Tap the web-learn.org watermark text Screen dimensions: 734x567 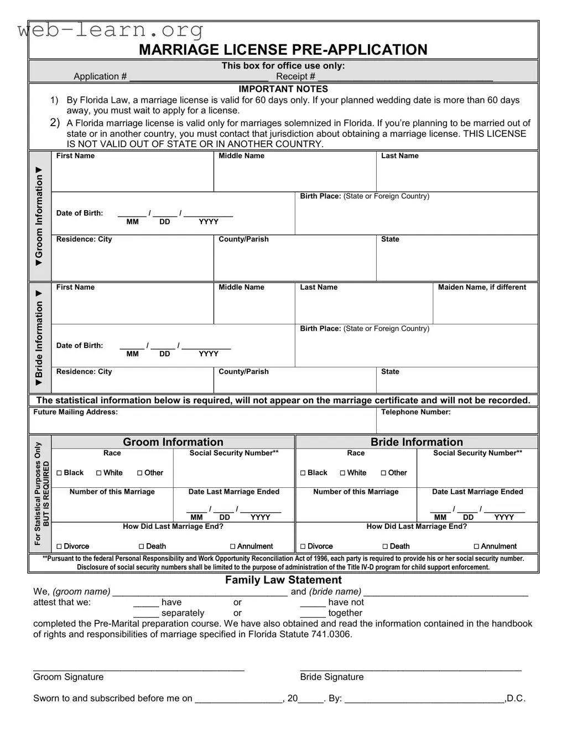(111, 29)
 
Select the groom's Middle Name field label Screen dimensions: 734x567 (241, 156)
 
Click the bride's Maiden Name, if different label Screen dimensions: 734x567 (482, 287)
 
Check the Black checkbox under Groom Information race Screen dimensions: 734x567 (59, 473)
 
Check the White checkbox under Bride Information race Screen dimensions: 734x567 (343, 473)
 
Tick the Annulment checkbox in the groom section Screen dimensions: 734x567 (233, 546)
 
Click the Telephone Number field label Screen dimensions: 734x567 (415, 412)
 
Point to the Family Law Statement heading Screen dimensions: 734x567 (283, 580)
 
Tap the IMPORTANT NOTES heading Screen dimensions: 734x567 (283, 89)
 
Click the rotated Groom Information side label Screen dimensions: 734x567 (39, 216)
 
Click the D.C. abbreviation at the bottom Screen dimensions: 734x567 (516, 698)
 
